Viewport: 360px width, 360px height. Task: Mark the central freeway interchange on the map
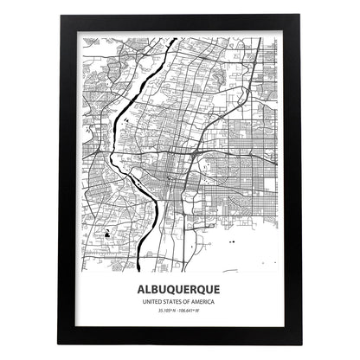(x=198, y=153)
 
